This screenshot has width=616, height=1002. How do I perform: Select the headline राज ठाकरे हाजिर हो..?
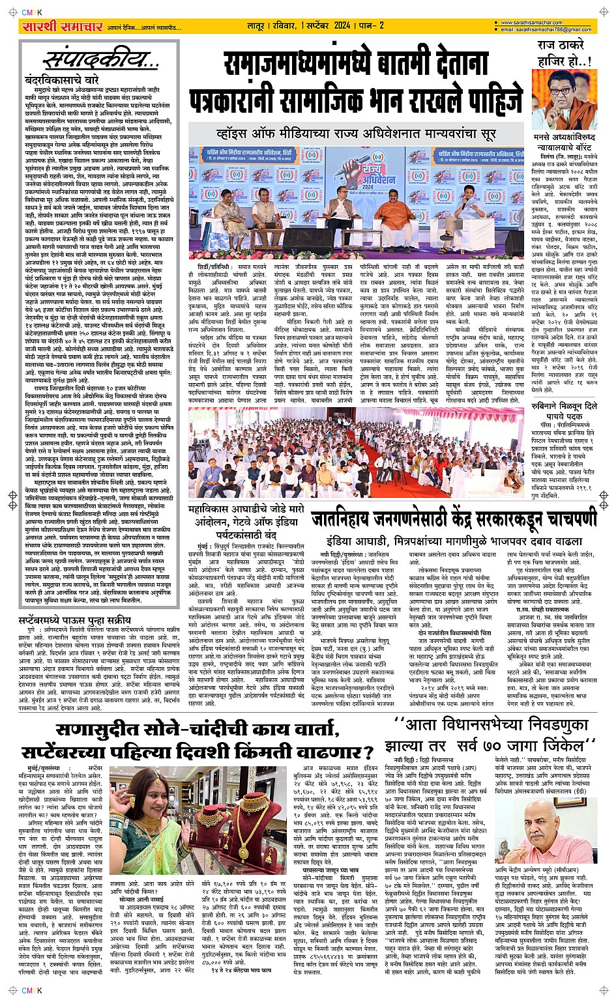(x=563, y=53)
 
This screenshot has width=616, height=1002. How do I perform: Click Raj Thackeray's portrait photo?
(x=563, y=98)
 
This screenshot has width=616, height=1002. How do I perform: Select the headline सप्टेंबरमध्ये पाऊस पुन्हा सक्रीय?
(x=75, y=601)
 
